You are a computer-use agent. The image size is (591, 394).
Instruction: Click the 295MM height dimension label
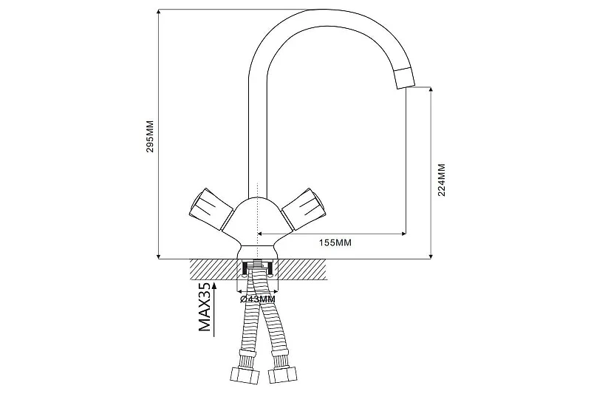click(x=150, y=136)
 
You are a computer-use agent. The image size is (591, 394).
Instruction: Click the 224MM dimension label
click(x=441, y=180)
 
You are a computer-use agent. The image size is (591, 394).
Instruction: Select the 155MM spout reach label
click(x=335, y=242)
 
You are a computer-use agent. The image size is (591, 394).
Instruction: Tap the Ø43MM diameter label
click(x=257, y=299)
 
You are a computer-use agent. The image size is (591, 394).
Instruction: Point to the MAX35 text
click(x=205, y=307)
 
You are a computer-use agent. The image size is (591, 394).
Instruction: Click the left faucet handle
click(x=211, y=209)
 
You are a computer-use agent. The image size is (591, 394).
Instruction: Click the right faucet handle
click(x=303, y=209)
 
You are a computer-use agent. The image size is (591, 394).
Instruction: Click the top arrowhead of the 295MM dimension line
click(x=159, y=13)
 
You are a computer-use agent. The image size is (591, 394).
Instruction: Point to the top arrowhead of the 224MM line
click(x=431, y=90)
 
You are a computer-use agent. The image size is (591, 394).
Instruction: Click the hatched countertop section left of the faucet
click(x=213, y=270)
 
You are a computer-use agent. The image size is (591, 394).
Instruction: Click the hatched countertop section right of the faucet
click(x=302, y=270)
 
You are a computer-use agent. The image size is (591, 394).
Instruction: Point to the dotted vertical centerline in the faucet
click(x=257, y=215)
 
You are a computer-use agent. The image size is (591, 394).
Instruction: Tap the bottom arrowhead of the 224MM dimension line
click(x=431, y=256)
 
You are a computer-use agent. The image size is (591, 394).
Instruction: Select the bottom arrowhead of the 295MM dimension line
click(x=159, y=256)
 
